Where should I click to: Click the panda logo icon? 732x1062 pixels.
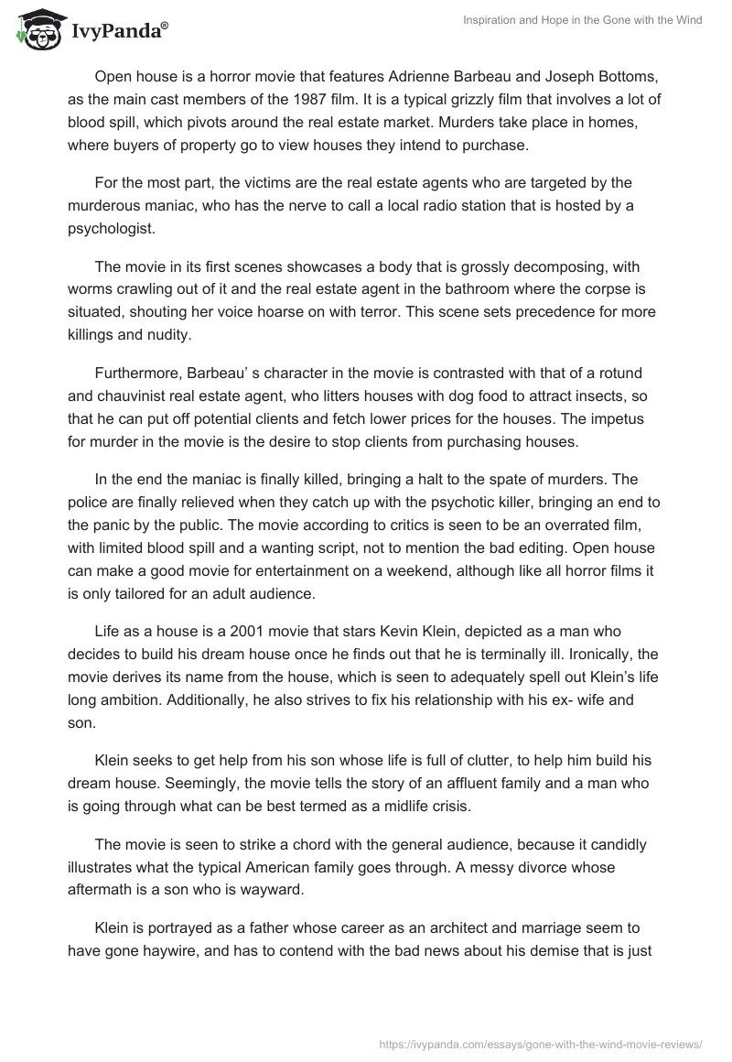click(x=35, y=28)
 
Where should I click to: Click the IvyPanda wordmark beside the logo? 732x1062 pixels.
click(x=120, y=31)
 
